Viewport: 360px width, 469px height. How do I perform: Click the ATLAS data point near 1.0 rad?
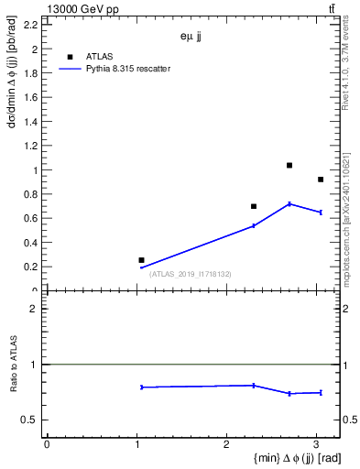[x=141, y=260]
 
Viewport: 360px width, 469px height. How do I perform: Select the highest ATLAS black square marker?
[x=289, y=166]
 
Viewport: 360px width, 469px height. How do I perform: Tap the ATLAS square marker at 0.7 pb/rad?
[x=254, y=206]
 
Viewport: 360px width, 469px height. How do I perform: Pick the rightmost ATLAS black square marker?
[x=321, y=180]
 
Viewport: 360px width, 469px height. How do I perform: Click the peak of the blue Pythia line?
[x=289, y=203]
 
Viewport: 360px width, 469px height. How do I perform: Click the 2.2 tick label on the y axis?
[x=31, y=26]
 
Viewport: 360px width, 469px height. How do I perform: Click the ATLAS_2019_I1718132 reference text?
[x=191, y=274]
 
